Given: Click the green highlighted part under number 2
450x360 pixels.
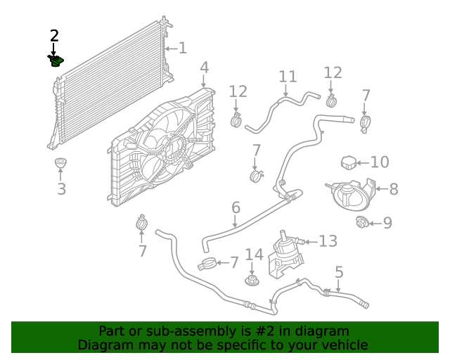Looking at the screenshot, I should [x=56, y=61].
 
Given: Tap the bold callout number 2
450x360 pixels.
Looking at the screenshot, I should [x=54, y=35].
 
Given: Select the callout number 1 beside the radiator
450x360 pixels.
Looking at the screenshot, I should [x=182, y=48].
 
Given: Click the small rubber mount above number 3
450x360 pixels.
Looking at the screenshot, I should [x=61, y=164].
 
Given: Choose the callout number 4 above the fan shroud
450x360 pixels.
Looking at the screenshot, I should [x=204, y=67].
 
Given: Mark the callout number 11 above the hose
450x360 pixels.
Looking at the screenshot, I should [x=288, y=77].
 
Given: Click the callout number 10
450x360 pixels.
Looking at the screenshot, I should [x=379, y=162].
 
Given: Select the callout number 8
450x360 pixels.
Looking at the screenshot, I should [x=393, y=188].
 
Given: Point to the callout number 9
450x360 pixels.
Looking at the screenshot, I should [x=387, y=223].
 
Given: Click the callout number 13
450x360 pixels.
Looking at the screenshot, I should [x=328, y=241].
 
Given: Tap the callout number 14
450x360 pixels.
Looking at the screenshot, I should [x=253, y=255].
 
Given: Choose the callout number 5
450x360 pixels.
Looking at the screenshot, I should [x=339, y=271].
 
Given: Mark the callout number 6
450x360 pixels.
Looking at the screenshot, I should [x=236, y=207].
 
